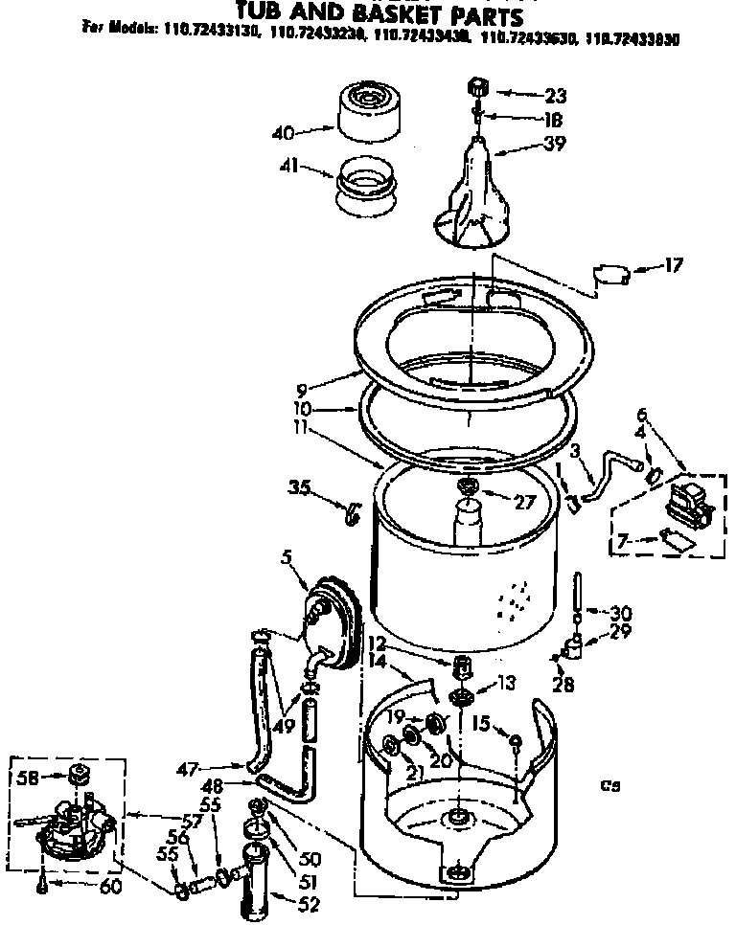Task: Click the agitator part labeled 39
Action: [475, 192]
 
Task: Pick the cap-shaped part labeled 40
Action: [369, 110]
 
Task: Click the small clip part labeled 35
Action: [352, 513]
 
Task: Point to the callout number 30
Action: [621, 613]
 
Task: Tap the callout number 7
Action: [625, 542]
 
